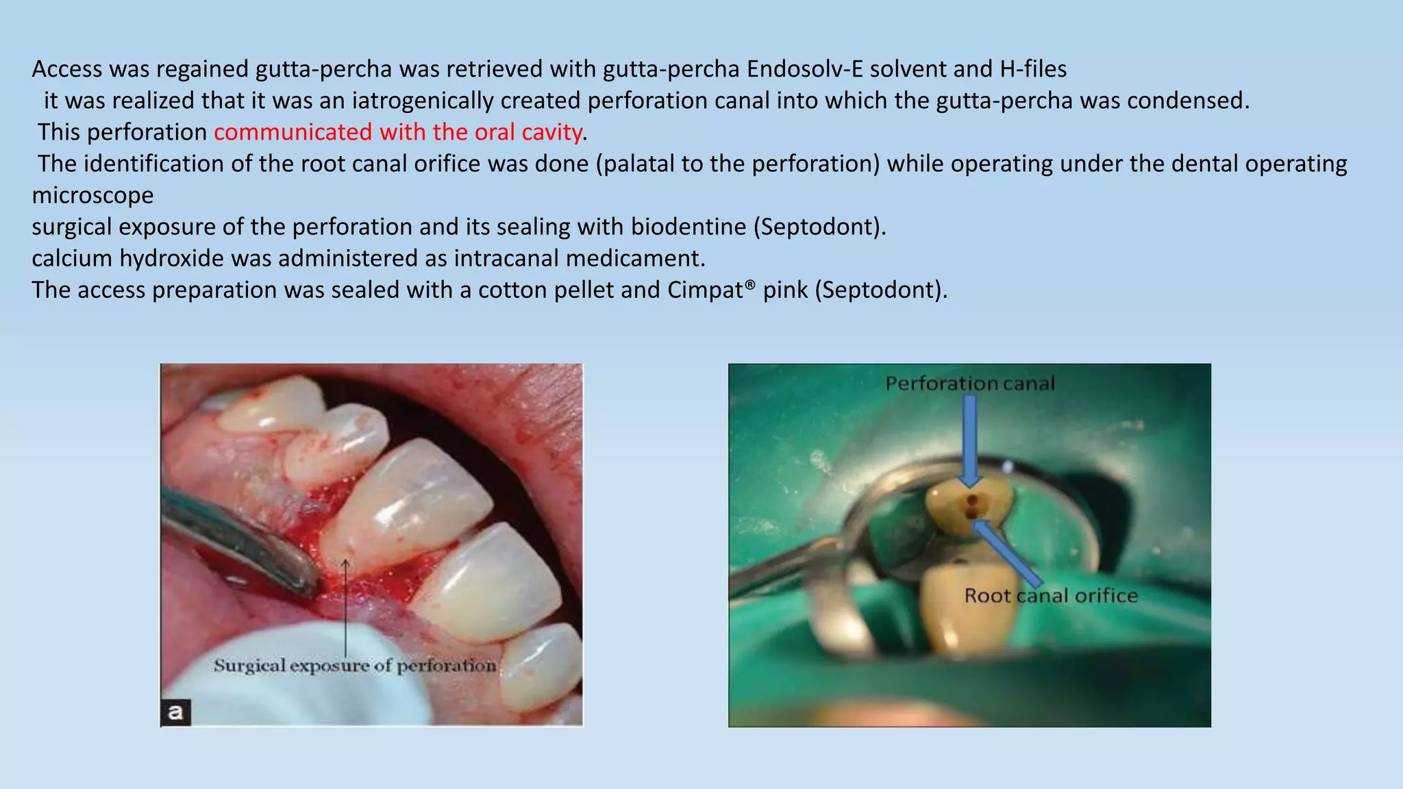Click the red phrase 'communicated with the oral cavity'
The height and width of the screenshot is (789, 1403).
(398, 132)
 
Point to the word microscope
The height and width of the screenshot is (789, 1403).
(92, 196)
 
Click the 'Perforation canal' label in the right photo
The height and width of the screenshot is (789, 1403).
(969, 384)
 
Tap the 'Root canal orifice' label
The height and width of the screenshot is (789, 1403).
(1050, 596)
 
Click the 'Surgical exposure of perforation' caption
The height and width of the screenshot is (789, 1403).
(354, 666)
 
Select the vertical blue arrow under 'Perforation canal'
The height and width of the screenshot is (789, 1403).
(969, 442)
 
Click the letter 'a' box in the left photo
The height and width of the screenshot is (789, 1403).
(175, 712)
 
